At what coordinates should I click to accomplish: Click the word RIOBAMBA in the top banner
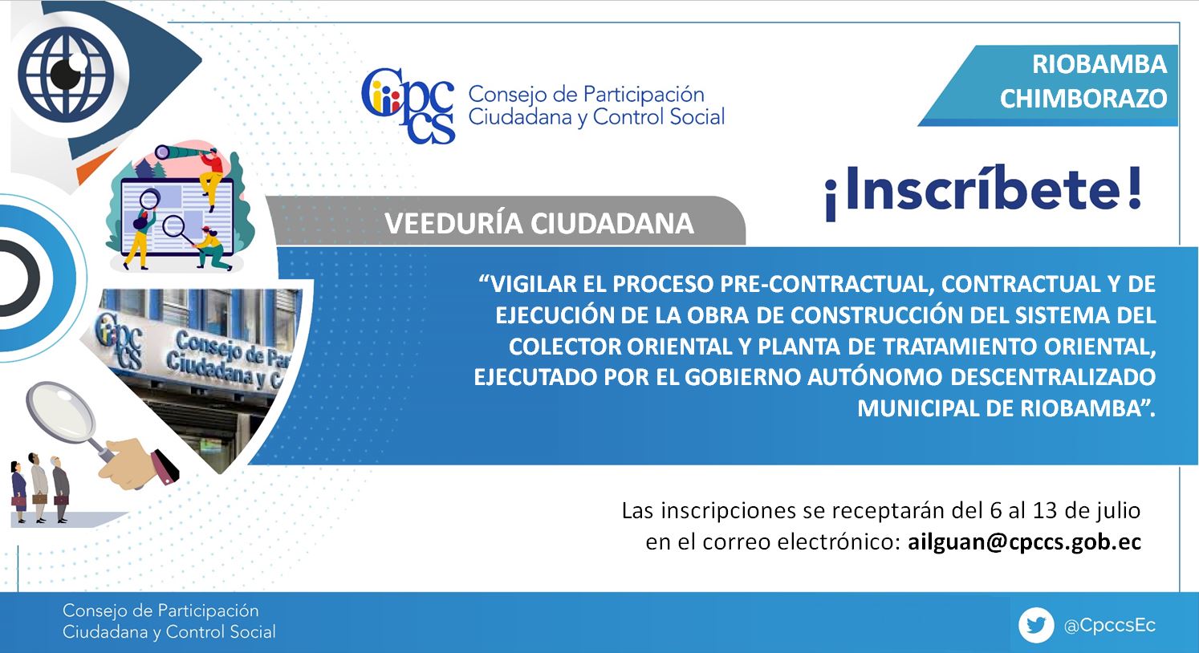(1099, 64)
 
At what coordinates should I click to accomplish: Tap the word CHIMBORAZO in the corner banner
(1083, 99)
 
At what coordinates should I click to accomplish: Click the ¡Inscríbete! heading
(983, 191)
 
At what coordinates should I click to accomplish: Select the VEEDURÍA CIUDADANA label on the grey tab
(539, 223)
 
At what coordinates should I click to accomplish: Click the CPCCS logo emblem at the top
(408, 105)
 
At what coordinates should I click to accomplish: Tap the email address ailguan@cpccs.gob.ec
(1025, 541)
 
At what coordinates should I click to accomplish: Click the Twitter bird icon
(1036, 625)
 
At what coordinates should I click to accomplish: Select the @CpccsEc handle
(1110, 625)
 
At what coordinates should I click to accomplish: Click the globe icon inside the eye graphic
(66, 74)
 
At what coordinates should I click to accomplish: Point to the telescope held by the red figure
(180, 152)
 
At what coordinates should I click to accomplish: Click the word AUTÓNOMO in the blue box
(875, 377)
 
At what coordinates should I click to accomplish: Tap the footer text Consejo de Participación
(161, 610)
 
